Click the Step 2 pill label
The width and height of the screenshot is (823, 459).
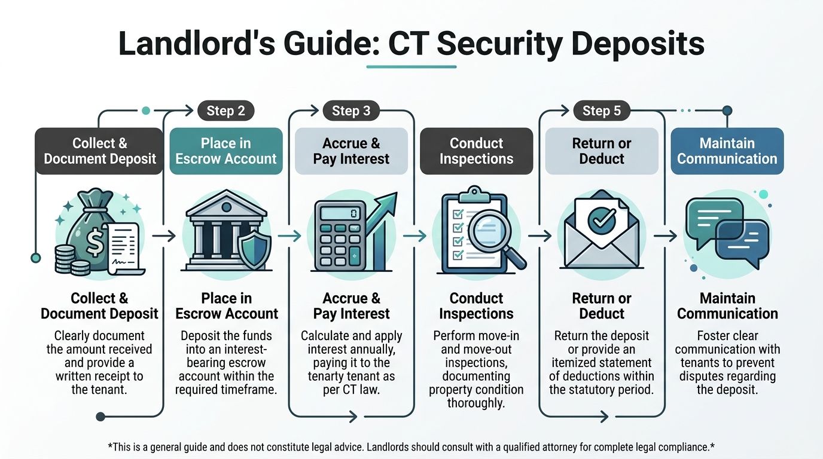tap(225, 111)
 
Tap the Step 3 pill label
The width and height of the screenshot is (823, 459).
tap(351, 111)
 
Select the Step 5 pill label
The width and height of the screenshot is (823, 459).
tap(601, 111)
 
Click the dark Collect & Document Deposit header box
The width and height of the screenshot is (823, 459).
tap(99, 151)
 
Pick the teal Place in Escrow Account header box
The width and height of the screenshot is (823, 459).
tap(226, 151)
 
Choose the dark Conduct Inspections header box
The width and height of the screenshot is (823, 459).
tap(476, 151)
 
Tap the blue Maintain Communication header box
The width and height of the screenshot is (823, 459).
tap(727, 151)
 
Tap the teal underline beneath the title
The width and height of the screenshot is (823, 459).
tap(411, 66)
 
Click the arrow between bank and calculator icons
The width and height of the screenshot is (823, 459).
tap(289, 236)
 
